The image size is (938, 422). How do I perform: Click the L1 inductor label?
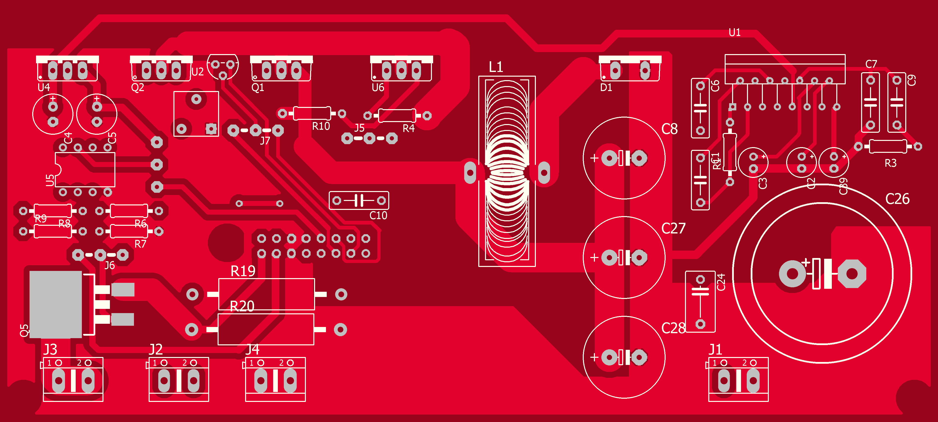coord(496,67)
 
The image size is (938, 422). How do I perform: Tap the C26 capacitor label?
coord(897,199)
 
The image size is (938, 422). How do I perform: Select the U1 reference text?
coord(735,33)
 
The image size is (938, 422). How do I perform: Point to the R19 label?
coord(243,271)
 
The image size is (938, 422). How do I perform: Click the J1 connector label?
coord(715,350)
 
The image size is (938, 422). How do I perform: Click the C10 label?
coord(378,216)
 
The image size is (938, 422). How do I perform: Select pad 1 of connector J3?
coord(59,381)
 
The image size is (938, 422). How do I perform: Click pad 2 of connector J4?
coord(290,381)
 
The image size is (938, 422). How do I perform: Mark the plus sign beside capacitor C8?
coord(594,158)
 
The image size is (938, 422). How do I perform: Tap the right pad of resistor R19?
coord(341,294)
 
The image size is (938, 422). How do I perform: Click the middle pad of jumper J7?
coord(256,130)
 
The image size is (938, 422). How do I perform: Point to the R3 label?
coord(890,163)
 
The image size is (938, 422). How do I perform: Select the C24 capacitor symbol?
coord(700,291)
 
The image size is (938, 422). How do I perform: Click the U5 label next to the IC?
coord(50,180)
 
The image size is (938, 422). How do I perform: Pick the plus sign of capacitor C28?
coord(594,357)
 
